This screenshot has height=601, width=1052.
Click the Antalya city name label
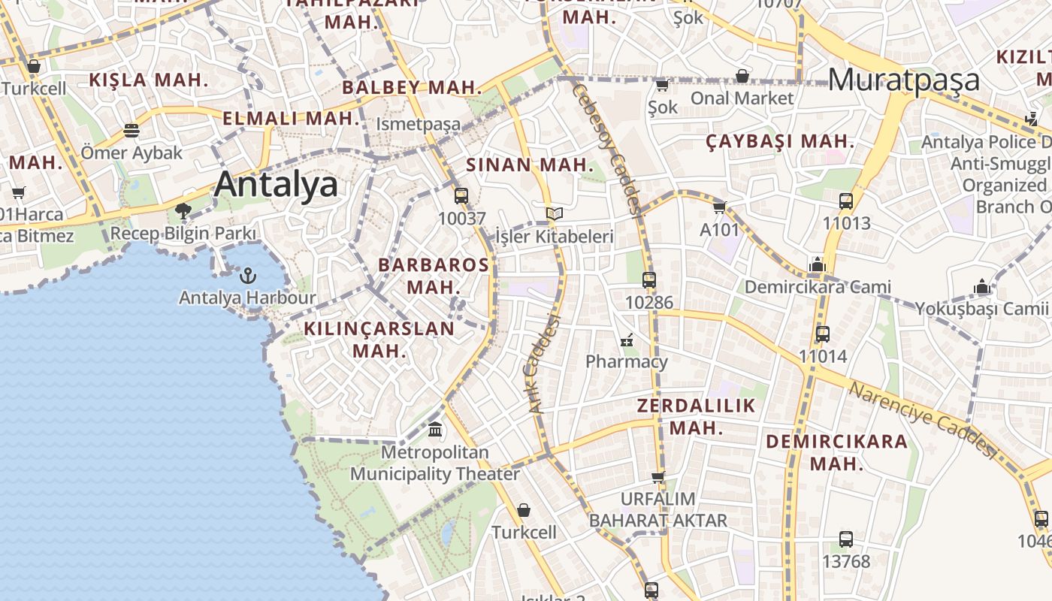click(276, 184)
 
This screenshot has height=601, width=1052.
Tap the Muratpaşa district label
click(904, 80)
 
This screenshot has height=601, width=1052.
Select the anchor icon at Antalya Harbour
click(247, 276)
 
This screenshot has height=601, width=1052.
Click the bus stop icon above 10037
click(461, 196)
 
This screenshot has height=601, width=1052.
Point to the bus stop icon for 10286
click(649, 280)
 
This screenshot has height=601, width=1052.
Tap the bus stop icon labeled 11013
click(846, 201)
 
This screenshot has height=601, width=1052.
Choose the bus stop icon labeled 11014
click(823, 334)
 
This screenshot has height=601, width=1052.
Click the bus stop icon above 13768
click(846, 539)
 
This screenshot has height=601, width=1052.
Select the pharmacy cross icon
click(627, 340)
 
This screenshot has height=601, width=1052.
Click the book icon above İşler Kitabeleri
click(555, 214)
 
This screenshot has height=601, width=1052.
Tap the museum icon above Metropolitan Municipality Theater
click(435, 430)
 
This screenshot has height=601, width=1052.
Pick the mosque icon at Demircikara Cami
click(818, 264)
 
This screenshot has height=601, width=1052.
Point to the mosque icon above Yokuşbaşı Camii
click(981, 286)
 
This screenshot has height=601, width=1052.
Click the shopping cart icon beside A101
click(719, 207)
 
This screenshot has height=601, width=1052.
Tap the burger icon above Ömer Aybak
click(131, 131)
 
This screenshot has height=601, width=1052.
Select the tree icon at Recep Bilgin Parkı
click(183, 211)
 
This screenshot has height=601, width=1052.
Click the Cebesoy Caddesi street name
click(606, 148)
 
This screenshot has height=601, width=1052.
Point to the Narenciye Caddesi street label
click(922, 420)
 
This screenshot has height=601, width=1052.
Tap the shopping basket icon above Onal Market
click(742, 76)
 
